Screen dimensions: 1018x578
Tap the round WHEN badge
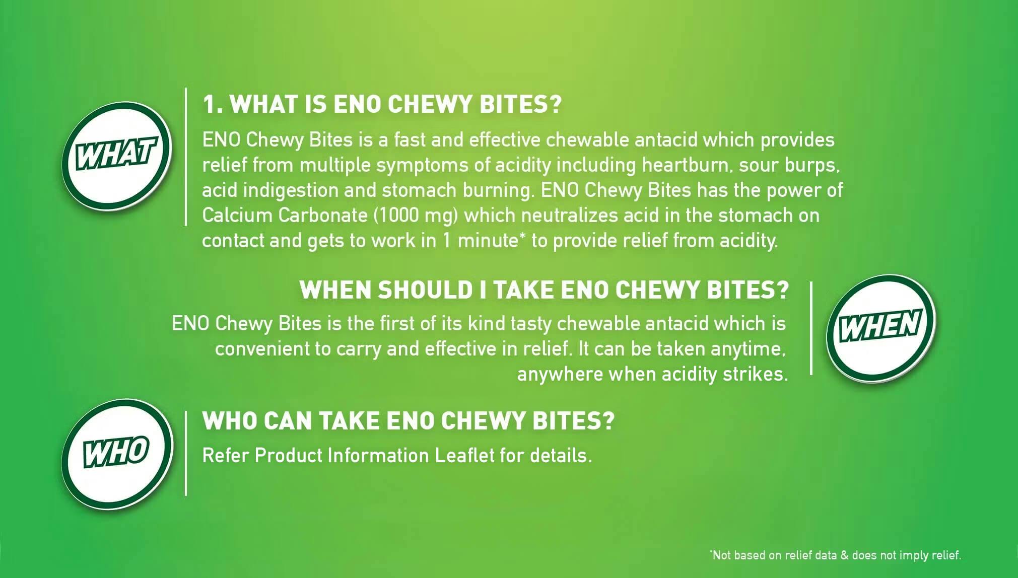(881, 328)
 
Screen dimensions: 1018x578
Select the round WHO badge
(117, 454)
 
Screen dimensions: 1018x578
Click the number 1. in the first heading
(213, 104)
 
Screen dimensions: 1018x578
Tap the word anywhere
(560, 375)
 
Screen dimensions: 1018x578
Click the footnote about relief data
(836, 555)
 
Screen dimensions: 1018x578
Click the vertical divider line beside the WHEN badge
(811, 328)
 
